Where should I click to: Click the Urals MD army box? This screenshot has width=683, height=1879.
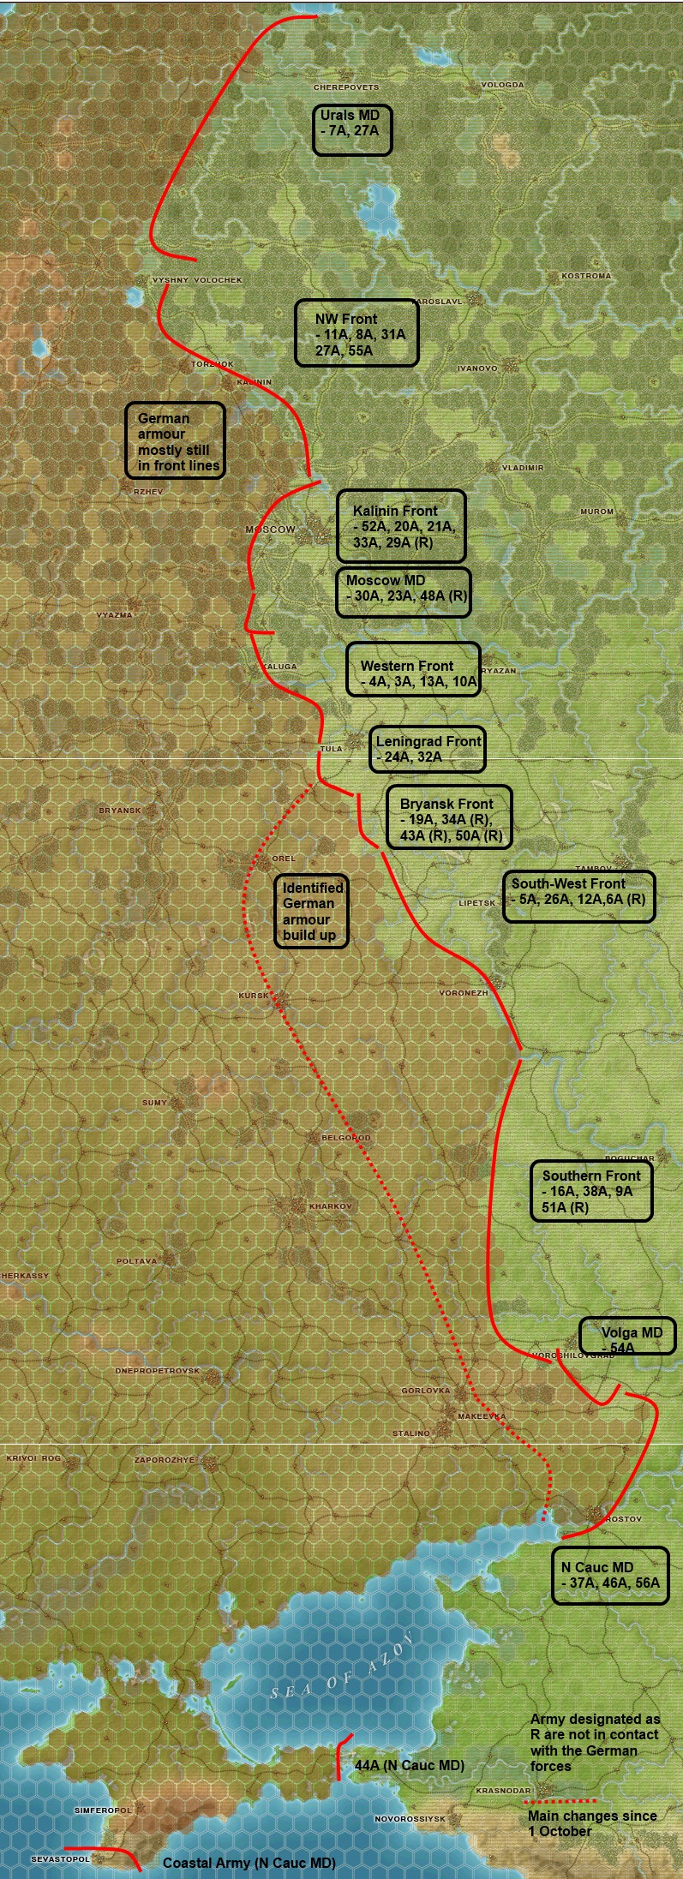tap(352, 130)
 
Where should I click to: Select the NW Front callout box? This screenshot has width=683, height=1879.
tap(356, 333)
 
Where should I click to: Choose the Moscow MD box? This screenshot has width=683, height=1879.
tap(403, 591)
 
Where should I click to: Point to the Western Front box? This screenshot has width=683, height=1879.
tap(413, 669)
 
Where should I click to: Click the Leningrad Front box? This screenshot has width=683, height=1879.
tap(428, 749)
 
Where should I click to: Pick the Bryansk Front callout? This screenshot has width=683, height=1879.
tap(449, 817)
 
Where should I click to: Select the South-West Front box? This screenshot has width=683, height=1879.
tap(578, 896)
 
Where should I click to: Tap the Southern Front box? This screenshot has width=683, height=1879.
tap(591, 1191)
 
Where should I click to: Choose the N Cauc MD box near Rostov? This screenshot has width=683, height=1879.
tap(610, 1574)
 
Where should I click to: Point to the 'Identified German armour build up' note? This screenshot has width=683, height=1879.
tap(310, 911)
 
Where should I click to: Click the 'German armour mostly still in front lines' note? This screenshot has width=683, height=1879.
tap(176, 440)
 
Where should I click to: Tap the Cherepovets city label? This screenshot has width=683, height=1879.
tap(345, 87)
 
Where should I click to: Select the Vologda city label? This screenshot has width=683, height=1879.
tap(502, 85)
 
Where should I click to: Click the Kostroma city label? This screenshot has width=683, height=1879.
tap(586, 276)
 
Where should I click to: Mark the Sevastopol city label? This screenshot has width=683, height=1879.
tap(60, 1858)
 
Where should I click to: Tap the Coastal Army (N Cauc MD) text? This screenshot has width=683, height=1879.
tap(249, 1863)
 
